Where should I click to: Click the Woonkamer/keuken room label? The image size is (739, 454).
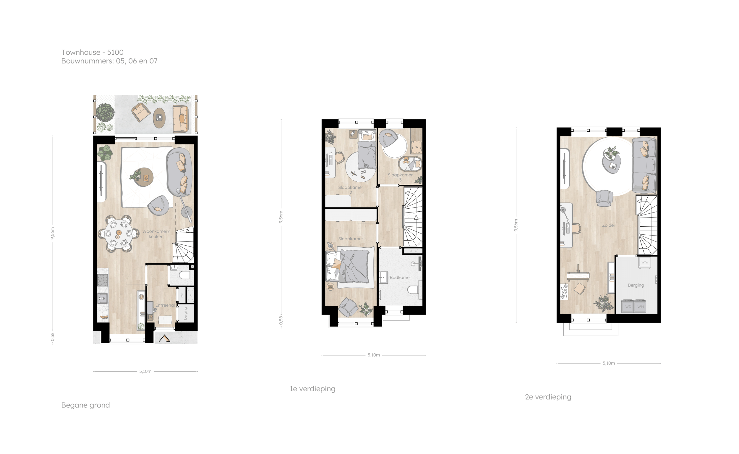pyautogui.click(x=156, y=234)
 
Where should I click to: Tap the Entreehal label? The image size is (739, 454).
pyautogui.click(x=165, y=305)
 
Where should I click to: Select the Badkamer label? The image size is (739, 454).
pyautogui.click(x=401, y=277)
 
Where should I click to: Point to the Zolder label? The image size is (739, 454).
pyautogui.click(x=609, y=225)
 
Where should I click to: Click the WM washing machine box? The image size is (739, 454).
pyautogui.click(x=640, y=307)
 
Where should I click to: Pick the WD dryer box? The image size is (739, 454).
pyautogui.click(x=628, y=307)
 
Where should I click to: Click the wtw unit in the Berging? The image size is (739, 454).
pyautogui.click(x=644, y=262)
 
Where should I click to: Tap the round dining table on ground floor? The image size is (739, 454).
pyautogui.click(x=119, y=234)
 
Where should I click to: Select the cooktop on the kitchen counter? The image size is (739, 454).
pyautogui.click(x=103, y=280)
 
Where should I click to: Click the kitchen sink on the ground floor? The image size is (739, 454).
pyautogui.click(x=102, y=298)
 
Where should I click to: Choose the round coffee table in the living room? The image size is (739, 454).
pyautogui.click(x=144, y=177)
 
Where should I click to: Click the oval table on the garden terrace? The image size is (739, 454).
pyautogui.click(x=159, y=118)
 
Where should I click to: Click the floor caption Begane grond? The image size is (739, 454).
pyautogui.click(x=85, y=405)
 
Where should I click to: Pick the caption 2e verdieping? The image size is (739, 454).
pyautogui.click(x=548, y=397)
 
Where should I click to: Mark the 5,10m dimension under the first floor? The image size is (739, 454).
pyautogui.click(x=374, y=355)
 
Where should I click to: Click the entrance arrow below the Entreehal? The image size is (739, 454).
pyautogui.click(x=164, y=338)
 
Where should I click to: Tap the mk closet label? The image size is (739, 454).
pyautogui.click(x=182, y=295)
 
